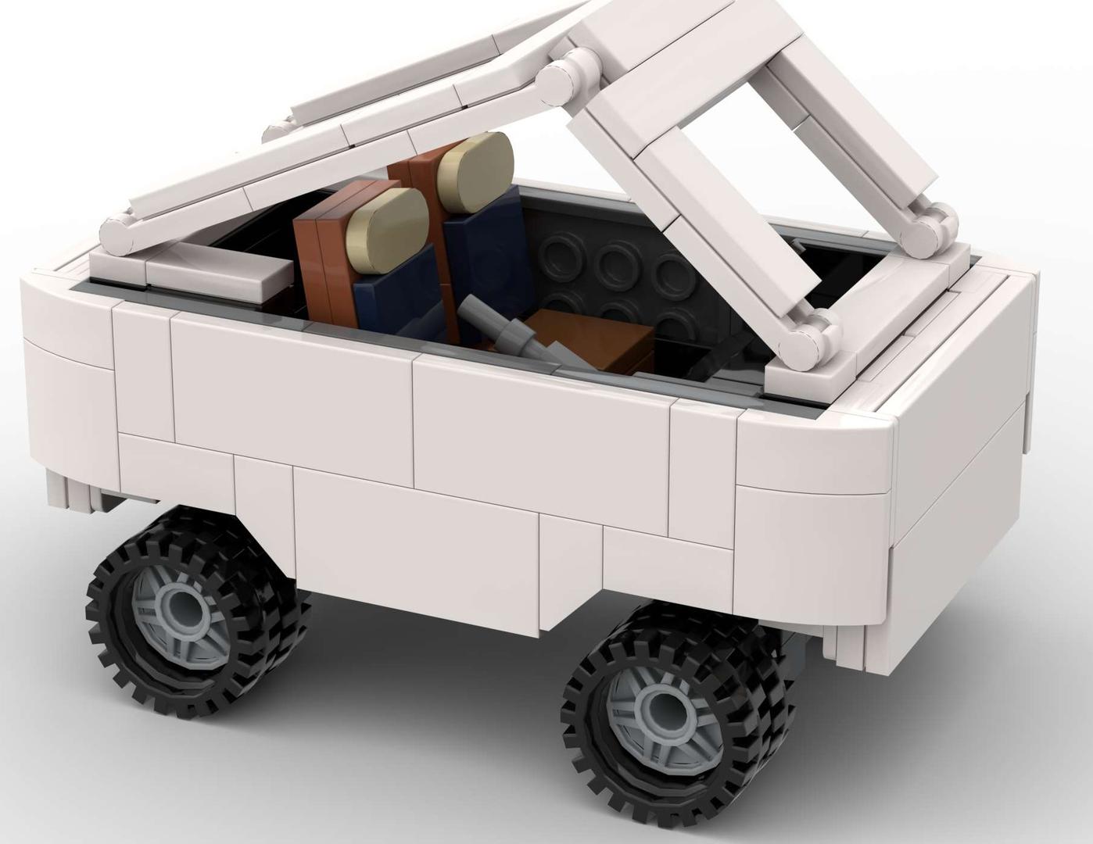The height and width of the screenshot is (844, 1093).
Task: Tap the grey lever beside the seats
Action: [x=500, y=329]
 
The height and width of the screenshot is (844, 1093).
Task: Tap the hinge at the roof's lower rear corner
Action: [x=117, y=231]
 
